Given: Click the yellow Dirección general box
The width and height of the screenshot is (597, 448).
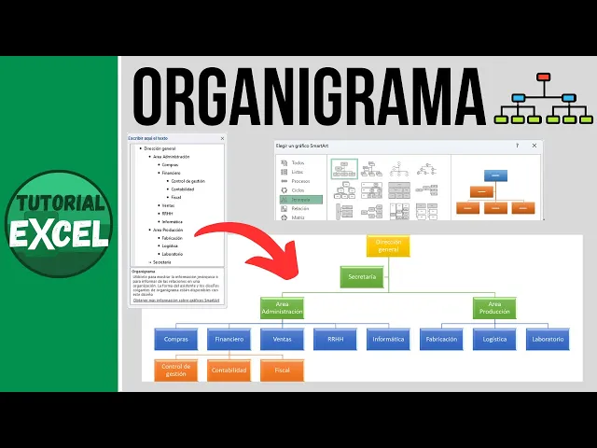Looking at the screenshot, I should coord(388,246).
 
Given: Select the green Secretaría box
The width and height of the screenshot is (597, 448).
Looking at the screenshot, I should coord(362,277).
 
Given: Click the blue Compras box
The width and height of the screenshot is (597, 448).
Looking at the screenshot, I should coord(176,340).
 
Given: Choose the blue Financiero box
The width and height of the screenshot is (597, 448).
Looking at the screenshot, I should coord(229,340).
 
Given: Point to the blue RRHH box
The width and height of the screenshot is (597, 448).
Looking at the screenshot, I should coord(335,340).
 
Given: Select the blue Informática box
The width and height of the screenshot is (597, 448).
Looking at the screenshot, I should coord(388,340).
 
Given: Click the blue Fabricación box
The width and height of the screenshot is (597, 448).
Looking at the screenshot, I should coord(441,340).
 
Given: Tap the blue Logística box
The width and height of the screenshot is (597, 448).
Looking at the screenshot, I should coord(494,340).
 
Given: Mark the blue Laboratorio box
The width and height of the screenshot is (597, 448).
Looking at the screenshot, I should coord(548,340).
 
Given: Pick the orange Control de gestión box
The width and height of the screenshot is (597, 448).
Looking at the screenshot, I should coord(176,371).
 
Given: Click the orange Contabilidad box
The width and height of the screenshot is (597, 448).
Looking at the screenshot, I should coord(229,371).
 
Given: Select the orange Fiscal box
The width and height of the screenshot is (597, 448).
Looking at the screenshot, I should coord(282,371).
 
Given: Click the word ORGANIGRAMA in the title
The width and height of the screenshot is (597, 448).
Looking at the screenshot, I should coord(308,93).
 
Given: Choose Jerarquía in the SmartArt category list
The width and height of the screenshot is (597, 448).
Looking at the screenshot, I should coord(301,199).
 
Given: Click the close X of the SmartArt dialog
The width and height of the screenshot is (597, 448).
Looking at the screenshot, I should coord(534,147).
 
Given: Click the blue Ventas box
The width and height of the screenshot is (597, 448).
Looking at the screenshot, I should coord(282,340).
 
